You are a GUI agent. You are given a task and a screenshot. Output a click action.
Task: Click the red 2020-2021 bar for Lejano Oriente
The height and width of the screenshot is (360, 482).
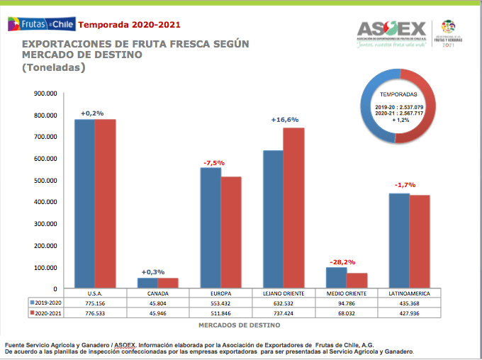pyautogui.click(x=293, y=208)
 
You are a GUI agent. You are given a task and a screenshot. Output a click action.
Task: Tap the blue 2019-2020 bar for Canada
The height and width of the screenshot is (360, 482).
pyautogui.click(x=147, y=283)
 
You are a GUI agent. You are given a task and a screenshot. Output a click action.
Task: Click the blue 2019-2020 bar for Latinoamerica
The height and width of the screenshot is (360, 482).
pyautogui.click(x=399, y=240)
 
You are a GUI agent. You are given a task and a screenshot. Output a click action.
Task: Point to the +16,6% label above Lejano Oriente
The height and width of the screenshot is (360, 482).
pyautogui.click(x=284, y=120)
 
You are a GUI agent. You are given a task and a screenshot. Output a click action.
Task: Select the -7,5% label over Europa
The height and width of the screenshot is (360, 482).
pyautogui.click(x=213, y=163)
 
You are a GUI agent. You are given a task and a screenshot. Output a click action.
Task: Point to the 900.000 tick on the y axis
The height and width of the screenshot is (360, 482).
pyautogui.click(x=46, y=93)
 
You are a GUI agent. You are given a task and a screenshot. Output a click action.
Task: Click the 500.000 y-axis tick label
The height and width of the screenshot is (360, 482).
pyautogui.click(x=46, y=180)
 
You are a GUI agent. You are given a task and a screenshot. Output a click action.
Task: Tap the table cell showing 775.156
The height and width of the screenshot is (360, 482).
pyautogui.click(x=94, y=303)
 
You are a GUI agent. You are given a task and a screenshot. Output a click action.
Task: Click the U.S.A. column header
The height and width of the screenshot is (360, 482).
pyautogui.click(x=94, y=293)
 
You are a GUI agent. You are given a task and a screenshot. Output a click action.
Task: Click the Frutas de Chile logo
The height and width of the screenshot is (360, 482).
pyautogui.click(x=39, y=26)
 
